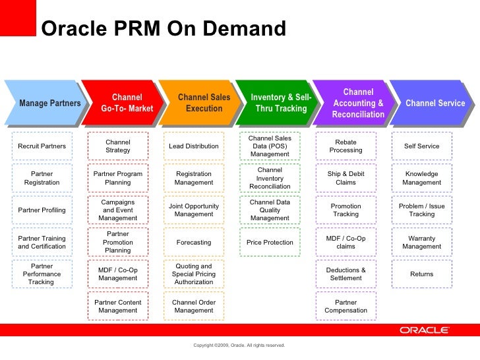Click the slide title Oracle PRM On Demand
(164, 29)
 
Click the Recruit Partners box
(42, 146)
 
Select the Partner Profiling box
(42, 210)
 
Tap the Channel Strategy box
(118, 146)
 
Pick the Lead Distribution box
(194, 146)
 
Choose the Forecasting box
(194, 242)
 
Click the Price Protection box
(270, 242)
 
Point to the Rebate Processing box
(346, 146)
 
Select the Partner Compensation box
(346, 307)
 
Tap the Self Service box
(422, 146)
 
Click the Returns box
(422, 274)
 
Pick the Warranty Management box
(422, 242)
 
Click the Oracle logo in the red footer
(424, 330)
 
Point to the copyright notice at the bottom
(239, 345)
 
